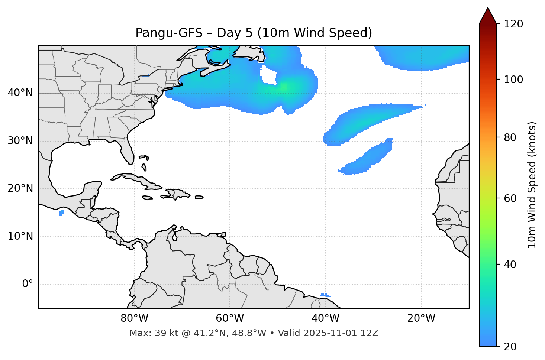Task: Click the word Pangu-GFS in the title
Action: pos(169,33)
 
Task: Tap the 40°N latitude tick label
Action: pos(20,93)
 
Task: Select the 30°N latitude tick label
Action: pos(20,141)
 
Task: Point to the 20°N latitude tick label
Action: pos(20,188)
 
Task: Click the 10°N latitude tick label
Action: pos(20,236)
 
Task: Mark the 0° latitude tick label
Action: pos(28,284)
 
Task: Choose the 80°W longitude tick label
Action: pos(134,318)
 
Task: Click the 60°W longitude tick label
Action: pos(230,318)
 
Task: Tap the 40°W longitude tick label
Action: pos(325,318)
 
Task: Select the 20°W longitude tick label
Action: pos(421,318)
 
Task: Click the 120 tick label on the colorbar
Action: pos(513,24)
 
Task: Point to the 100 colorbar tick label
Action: pos(513,80)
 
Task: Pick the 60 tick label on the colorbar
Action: pos(510,198)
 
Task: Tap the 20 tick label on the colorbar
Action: pos(510,347)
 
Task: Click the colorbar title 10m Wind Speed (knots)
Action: pos(532,185)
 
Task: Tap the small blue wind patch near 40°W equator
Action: pos(325,295)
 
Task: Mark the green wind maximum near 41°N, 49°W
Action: pos(283,87)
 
